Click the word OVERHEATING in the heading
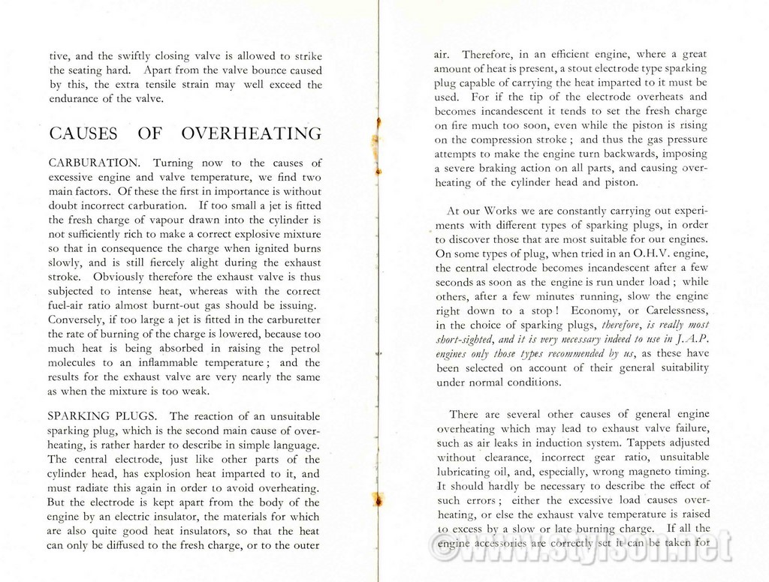coord(252,134)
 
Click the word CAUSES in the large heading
coord(83,134)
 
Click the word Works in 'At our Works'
coord(502,211)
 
